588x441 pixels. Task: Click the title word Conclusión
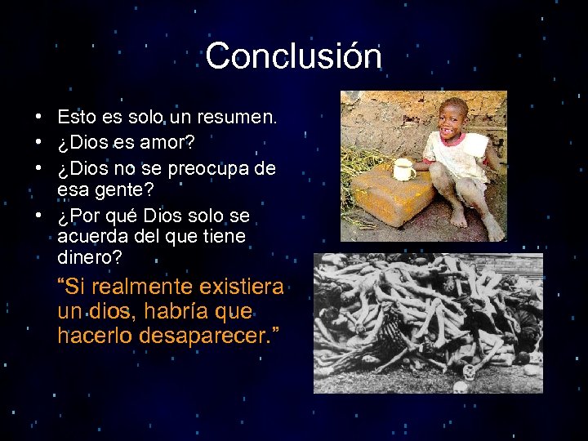tap(293, 56)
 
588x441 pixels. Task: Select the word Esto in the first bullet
tap(77, 118)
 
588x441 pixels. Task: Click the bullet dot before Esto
tap(38, 118)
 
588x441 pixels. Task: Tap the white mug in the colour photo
tap(403, 170)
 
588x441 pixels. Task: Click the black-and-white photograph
tap(428, 323)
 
